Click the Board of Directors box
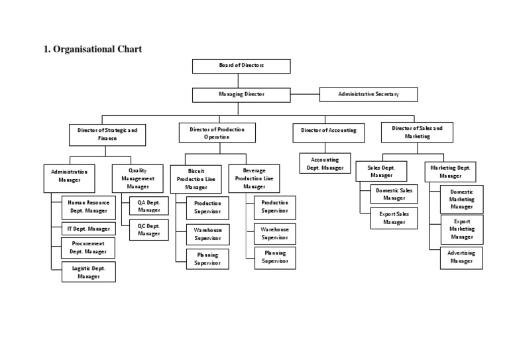tap(241, 66)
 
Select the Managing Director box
tap(241, 94)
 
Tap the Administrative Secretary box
tap(368, 94)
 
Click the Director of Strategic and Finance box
tap(107, 135)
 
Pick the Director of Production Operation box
tap(217, 133)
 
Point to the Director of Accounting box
tap(328, 131)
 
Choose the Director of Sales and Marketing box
tap(417, 131)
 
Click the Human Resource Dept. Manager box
tap(88, 208)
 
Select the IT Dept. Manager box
tap(88, 229)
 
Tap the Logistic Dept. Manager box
tap(88, 272)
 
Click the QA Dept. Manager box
tap(149, 206)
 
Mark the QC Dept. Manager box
tap(149, 229)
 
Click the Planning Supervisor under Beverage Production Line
tap(274, 257)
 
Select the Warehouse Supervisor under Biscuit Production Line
tap(207, 233)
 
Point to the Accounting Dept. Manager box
tap(325, 164)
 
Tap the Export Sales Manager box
tap(394, 218)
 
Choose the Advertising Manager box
tap(461, 257)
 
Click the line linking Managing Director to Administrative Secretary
tap(305, 94)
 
